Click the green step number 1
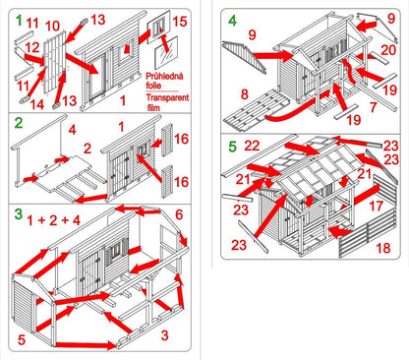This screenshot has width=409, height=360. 19,21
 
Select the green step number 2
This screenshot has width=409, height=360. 19,123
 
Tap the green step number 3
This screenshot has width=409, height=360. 19,213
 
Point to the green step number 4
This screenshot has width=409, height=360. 232,21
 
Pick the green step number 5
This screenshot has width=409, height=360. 232,147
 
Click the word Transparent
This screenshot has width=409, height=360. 167,97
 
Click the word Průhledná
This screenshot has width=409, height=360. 164,77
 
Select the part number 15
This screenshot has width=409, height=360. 180,22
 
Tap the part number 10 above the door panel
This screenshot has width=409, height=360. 52,26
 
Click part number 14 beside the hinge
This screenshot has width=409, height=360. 37,104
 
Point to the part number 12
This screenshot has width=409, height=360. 32,47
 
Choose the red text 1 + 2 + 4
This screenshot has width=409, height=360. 53,220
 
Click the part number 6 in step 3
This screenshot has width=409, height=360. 179,214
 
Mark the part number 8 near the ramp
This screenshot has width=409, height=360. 245,94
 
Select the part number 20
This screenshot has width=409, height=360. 388,50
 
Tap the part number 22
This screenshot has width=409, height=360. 252,146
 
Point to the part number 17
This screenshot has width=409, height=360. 376,206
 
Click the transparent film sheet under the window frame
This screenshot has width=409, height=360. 166,53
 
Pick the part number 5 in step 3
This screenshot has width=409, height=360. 22,339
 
